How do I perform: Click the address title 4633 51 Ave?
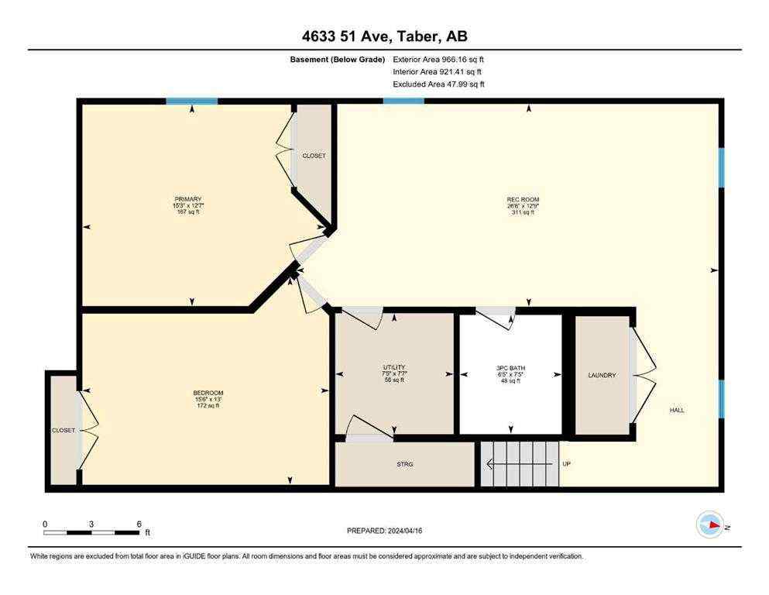384,36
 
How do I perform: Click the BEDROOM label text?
208,393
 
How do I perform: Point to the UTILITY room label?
393,367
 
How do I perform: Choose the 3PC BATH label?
510,367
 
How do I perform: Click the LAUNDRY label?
602,375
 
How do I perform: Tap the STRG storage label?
404,464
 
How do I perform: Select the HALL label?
677,410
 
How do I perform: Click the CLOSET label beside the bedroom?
64,430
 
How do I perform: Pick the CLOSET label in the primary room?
314,156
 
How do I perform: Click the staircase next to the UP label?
519,464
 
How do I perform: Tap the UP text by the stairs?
567,464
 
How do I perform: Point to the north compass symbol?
710,524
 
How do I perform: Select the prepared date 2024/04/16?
384,531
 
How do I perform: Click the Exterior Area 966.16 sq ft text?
438,59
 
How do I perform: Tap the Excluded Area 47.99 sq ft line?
438,84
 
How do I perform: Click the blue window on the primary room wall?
191,101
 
